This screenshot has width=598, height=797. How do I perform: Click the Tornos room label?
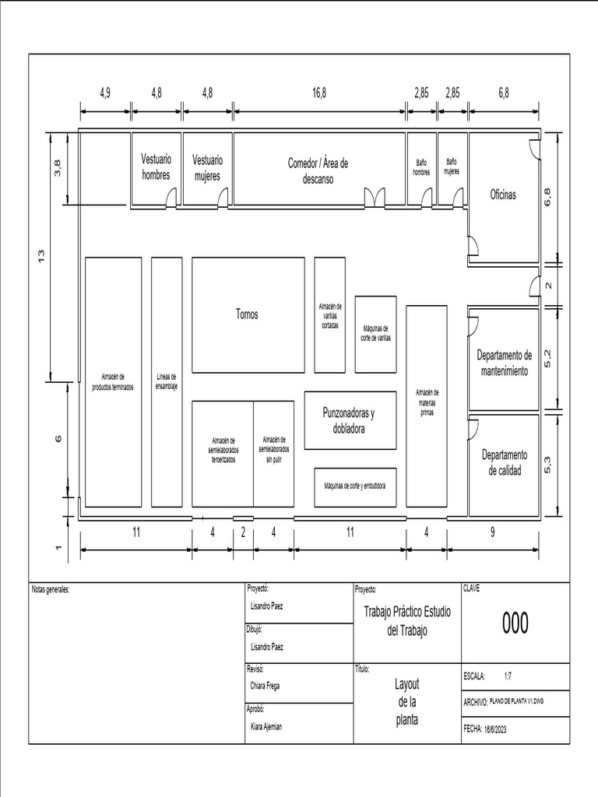[x=247, y=314]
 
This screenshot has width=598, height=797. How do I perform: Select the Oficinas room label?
[x=502, y=195]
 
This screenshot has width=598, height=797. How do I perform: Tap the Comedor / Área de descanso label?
[x=318, y=170]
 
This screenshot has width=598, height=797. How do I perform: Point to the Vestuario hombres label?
[x=156, y=167]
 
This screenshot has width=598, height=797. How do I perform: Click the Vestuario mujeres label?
[x=207, y=167]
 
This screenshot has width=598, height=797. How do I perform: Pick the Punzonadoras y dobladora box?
[x=349, y=420]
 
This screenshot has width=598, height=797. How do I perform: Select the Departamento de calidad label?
[x=505, y=462]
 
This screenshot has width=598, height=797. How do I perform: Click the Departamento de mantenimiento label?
[x=505, y=363]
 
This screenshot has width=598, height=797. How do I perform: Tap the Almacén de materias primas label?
[x=427, y=402]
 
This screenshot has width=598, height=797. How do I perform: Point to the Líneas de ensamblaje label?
[x=167, y=381]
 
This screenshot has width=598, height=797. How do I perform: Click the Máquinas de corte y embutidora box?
[x=355, y=486]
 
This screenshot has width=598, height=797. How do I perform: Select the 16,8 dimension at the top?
[x=319, y=92]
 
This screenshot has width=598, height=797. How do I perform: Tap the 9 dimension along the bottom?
[x=493, y=532]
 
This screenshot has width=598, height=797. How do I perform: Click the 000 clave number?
[x=515, y=623]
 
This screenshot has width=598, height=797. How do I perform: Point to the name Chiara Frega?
[x=266, y=686]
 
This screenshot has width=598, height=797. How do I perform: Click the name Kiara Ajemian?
[x=267, y=725]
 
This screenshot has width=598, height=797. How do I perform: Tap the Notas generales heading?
[x=51, y=589]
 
